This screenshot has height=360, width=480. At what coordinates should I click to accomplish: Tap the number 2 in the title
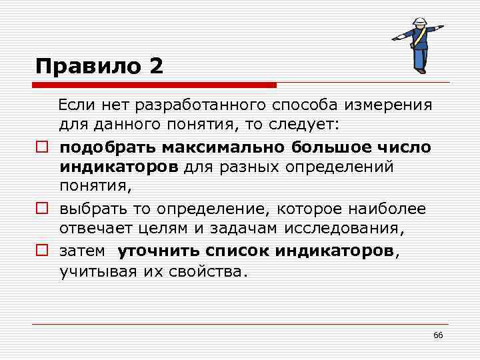(155, 66)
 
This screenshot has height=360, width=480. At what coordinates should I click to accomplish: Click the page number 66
(438, 335)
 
